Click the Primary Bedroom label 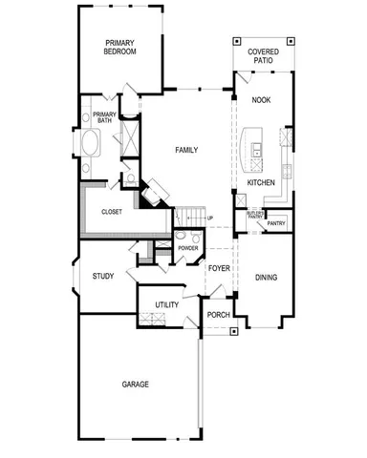[120, 47]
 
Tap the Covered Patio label [262, 56]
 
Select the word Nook [261, 100]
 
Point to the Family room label [185, 150]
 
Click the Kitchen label [261, 182]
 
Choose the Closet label [110, 212]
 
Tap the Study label [103, 277]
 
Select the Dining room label [267, 278]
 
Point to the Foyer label [219, 268]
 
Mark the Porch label [219, 315]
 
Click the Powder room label [187, 248]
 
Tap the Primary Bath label [104, 118]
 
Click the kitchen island [255, 142]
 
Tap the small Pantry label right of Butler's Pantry [276, 223]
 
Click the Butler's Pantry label [255, 217]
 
